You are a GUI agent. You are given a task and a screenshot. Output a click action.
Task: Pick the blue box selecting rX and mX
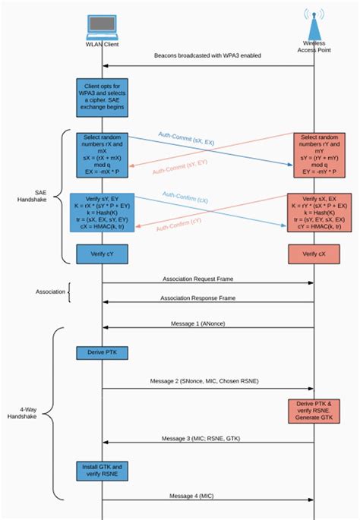point(102,155)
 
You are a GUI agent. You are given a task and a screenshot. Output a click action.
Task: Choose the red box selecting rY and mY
point(314,155)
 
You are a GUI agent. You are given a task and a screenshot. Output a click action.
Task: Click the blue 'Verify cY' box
point(102,253)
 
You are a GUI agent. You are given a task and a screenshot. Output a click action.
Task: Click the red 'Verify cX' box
point(314,253)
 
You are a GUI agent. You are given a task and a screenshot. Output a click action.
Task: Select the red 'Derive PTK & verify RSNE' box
point(313,411)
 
